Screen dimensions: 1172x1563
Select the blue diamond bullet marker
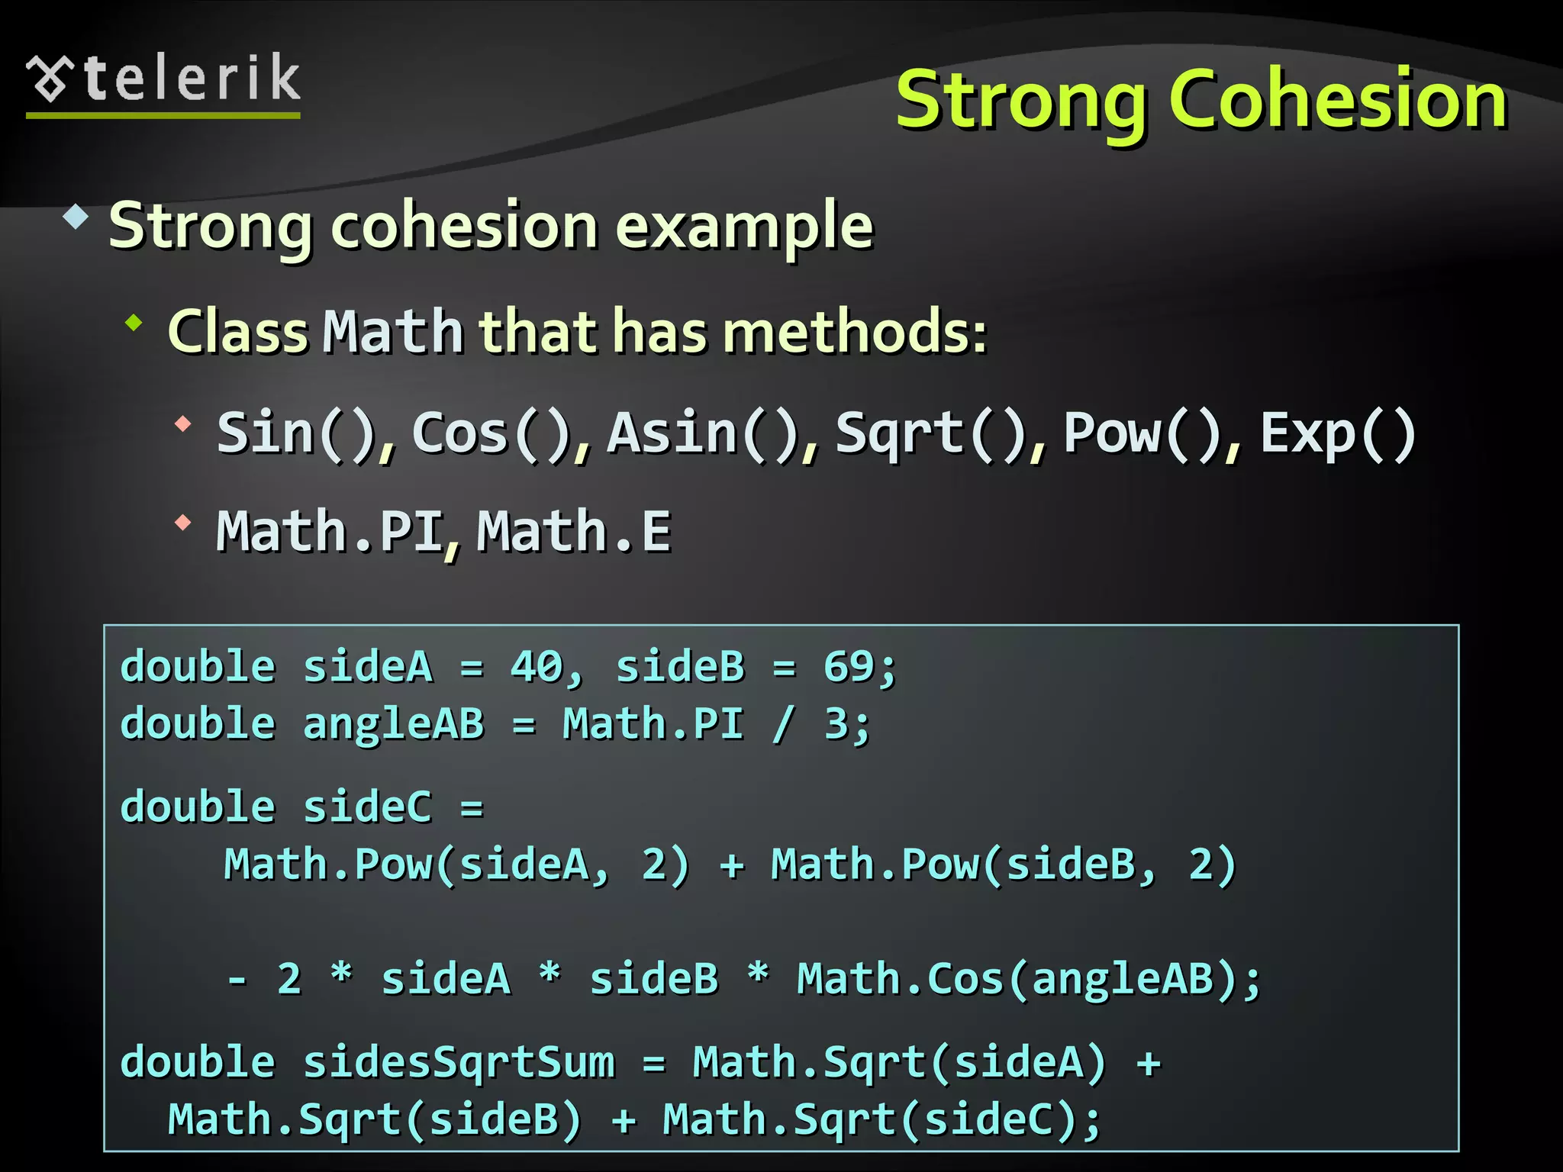(76, 217)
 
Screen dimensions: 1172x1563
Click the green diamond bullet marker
(134, 323)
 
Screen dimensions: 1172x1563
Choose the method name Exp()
(1337, 433)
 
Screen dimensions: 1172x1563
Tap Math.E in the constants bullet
(574, 531)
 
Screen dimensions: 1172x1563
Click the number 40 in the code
(536, 666)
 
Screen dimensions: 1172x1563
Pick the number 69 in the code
(849, 666)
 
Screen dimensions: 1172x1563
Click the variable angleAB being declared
(393, 723)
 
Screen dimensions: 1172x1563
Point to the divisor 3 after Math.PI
(836, 723)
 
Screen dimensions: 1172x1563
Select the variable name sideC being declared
(367, 807)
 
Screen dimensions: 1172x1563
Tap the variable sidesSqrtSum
(459, 1062)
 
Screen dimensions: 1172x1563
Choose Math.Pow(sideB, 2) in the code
(1002, 865)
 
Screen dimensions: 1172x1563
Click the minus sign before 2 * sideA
(237, 979)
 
